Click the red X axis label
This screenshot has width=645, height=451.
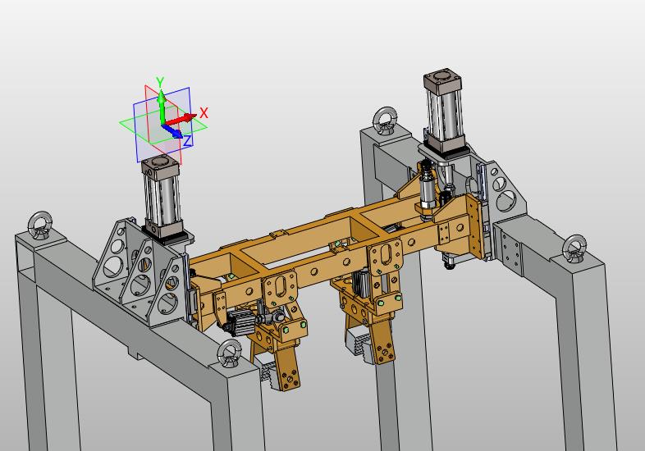pos(204,112)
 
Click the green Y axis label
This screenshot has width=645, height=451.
pos(160,82)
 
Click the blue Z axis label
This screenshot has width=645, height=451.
pos(188,141)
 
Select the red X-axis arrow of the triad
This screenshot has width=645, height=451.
pos(180,120)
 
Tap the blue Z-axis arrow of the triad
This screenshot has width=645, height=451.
pos(172,131)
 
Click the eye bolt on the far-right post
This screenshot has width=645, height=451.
pos(574,248)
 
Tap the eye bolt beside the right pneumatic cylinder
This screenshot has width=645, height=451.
pos(385,121)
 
